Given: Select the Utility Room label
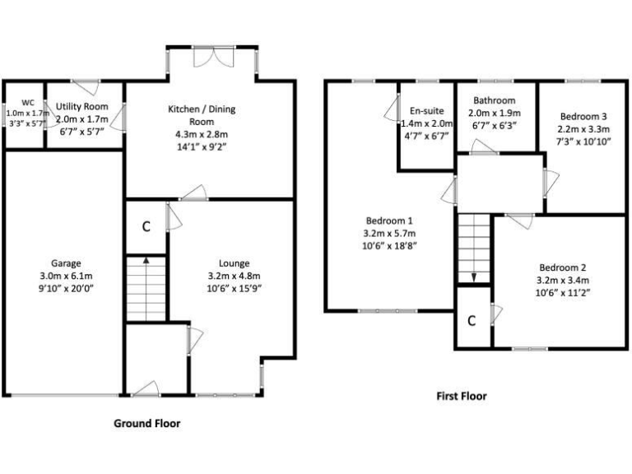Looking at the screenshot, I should (x=82, y=107).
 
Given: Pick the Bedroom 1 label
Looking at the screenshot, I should (x=389, y=221).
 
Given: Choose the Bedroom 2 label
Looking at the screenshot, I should (x=563, y=267).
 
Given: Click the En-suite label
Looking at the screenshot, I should (x=426, y=110).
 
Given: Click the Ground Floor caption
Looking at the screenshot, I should (x=146, y=424).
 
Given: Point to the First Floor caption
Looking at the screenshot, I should (x=461, y=396).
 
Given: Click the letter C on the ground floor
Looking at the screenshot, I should (x=146, y=226).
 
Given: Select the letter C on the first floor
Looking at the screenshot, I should (x=472, y=320).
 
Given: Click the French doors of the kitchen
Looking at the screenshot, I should (x=221, y=54).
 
